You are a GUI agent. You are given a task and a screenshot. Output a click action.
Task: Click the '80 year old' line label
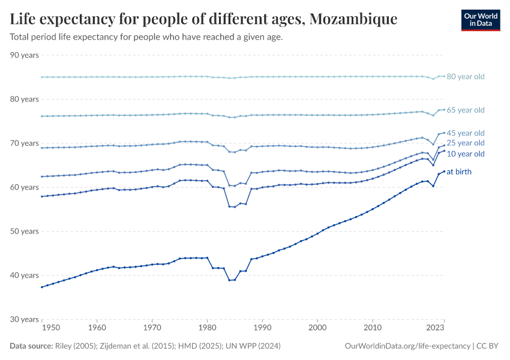(466, 77)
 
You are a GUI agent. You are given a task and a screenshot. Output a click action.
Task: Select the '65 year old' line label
(466, 110)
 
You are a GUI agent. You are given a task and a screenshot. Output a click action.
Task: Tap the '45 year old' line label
(466, 133)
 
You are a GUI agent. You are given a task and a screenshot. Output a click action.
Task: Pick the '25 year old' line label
(466, 143)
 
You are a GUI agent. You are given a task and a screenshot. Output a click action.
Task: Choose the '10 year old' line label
(466, 154)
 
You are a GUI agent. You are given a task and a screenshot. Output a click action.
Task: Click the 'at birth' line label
(459, 172)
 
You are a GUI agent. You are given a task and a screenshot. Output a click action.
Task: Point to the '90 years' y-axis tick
(25, 55)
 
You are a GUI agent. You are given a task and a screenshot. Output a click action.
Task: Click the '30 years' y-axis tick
(25, 319)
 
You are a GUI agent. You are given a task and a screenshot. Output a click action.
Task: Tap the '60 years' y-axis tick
(25, 187)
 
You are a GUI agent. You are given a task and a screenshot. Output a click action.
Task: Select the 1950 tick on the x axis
(52, 328)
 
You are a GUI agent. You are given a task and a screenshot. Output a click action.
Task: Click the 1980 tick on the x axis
(207, 328)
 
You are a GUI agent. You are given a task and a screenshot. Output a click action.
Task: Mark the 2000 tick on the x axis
(317, 328)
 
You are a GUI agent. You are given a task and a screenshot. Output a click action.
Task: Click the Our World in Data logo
(480, 20)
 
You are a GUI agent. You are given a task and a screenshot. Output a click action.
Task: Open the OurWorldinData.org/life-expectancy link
(408, 346)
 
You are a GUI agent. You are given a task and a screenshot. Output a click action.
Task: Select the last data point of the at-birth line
(444, 171)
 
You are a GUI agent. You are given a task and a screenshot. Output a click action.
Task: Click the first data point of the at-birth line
(41, 287)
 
